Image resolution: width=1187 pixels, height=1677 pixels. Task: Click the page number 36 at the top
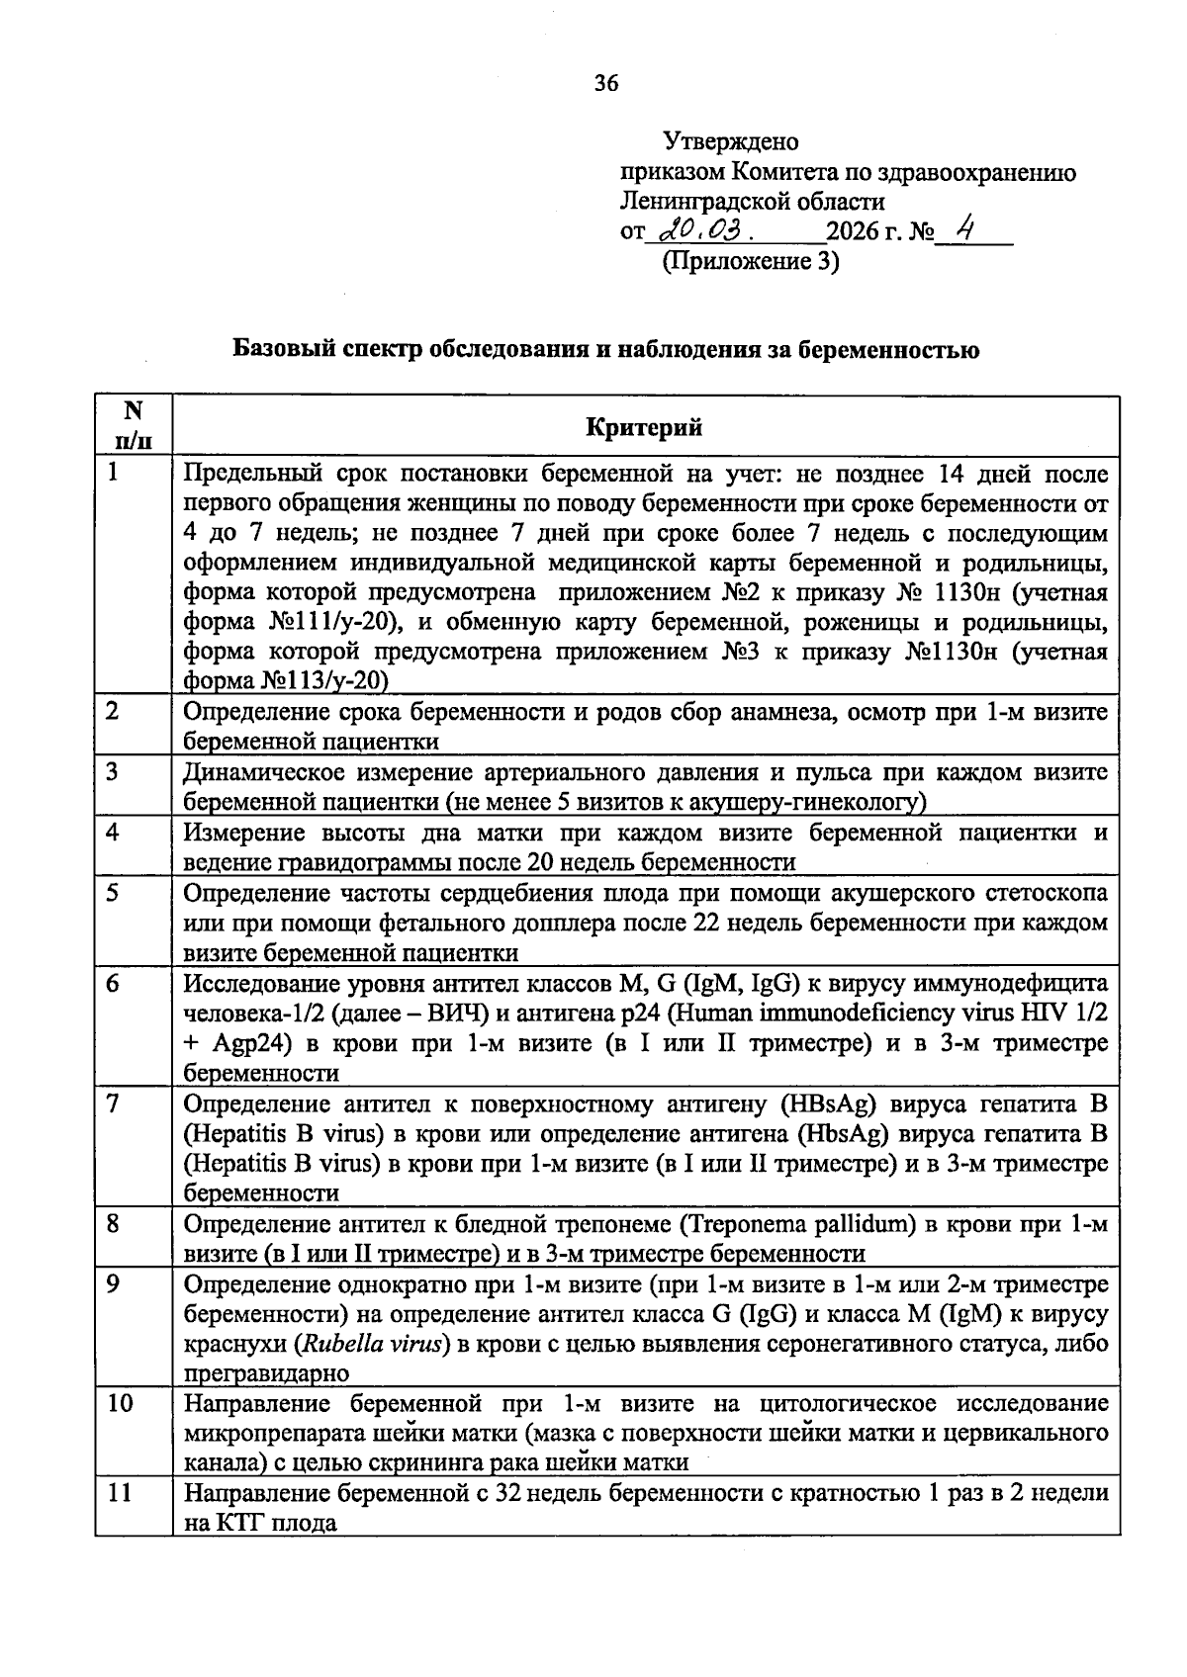[x=605, y=84]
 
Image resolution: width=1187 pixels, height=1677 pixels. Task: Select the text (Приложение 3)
[x=749, y=262]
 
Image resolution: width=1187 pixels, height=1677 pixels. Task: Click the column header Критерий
[x=644, y=426]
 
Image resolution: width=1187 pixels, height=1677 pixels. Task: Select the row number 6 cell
[x=115, y=983]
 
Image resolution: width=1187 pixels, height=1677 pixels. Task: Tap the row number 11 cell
[x=120, y=1492]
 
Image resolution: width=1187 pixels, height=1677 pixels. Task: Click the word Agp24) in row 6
[x=246, y=1043]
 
